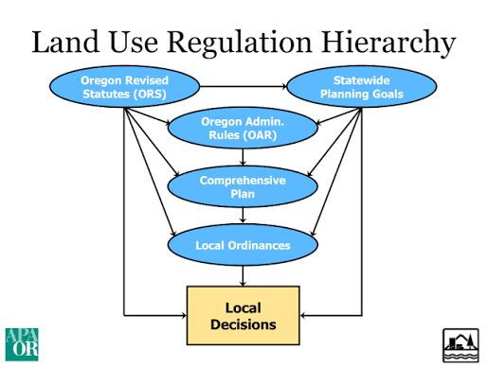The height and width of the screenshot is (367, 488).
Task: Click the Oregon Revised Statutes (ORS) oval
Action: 124,88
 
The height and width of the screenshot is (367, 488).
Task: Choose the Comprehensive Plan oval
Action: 243,186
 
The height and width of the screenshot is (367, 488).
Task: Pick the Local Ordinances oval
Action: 243,245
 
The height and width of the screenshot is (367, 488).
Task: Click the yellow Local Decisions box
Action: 243,316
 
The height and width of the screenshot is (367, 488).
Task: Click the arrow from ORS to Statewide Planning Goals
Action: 243,87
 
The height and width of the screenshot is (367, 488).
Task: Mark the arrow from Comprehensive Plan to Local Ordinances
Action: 244,216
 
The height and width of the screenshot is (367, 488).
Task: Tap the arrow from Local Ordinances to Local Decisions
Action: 244,274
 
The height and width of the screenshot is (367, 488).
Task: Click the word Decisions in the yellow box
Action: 244,324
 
